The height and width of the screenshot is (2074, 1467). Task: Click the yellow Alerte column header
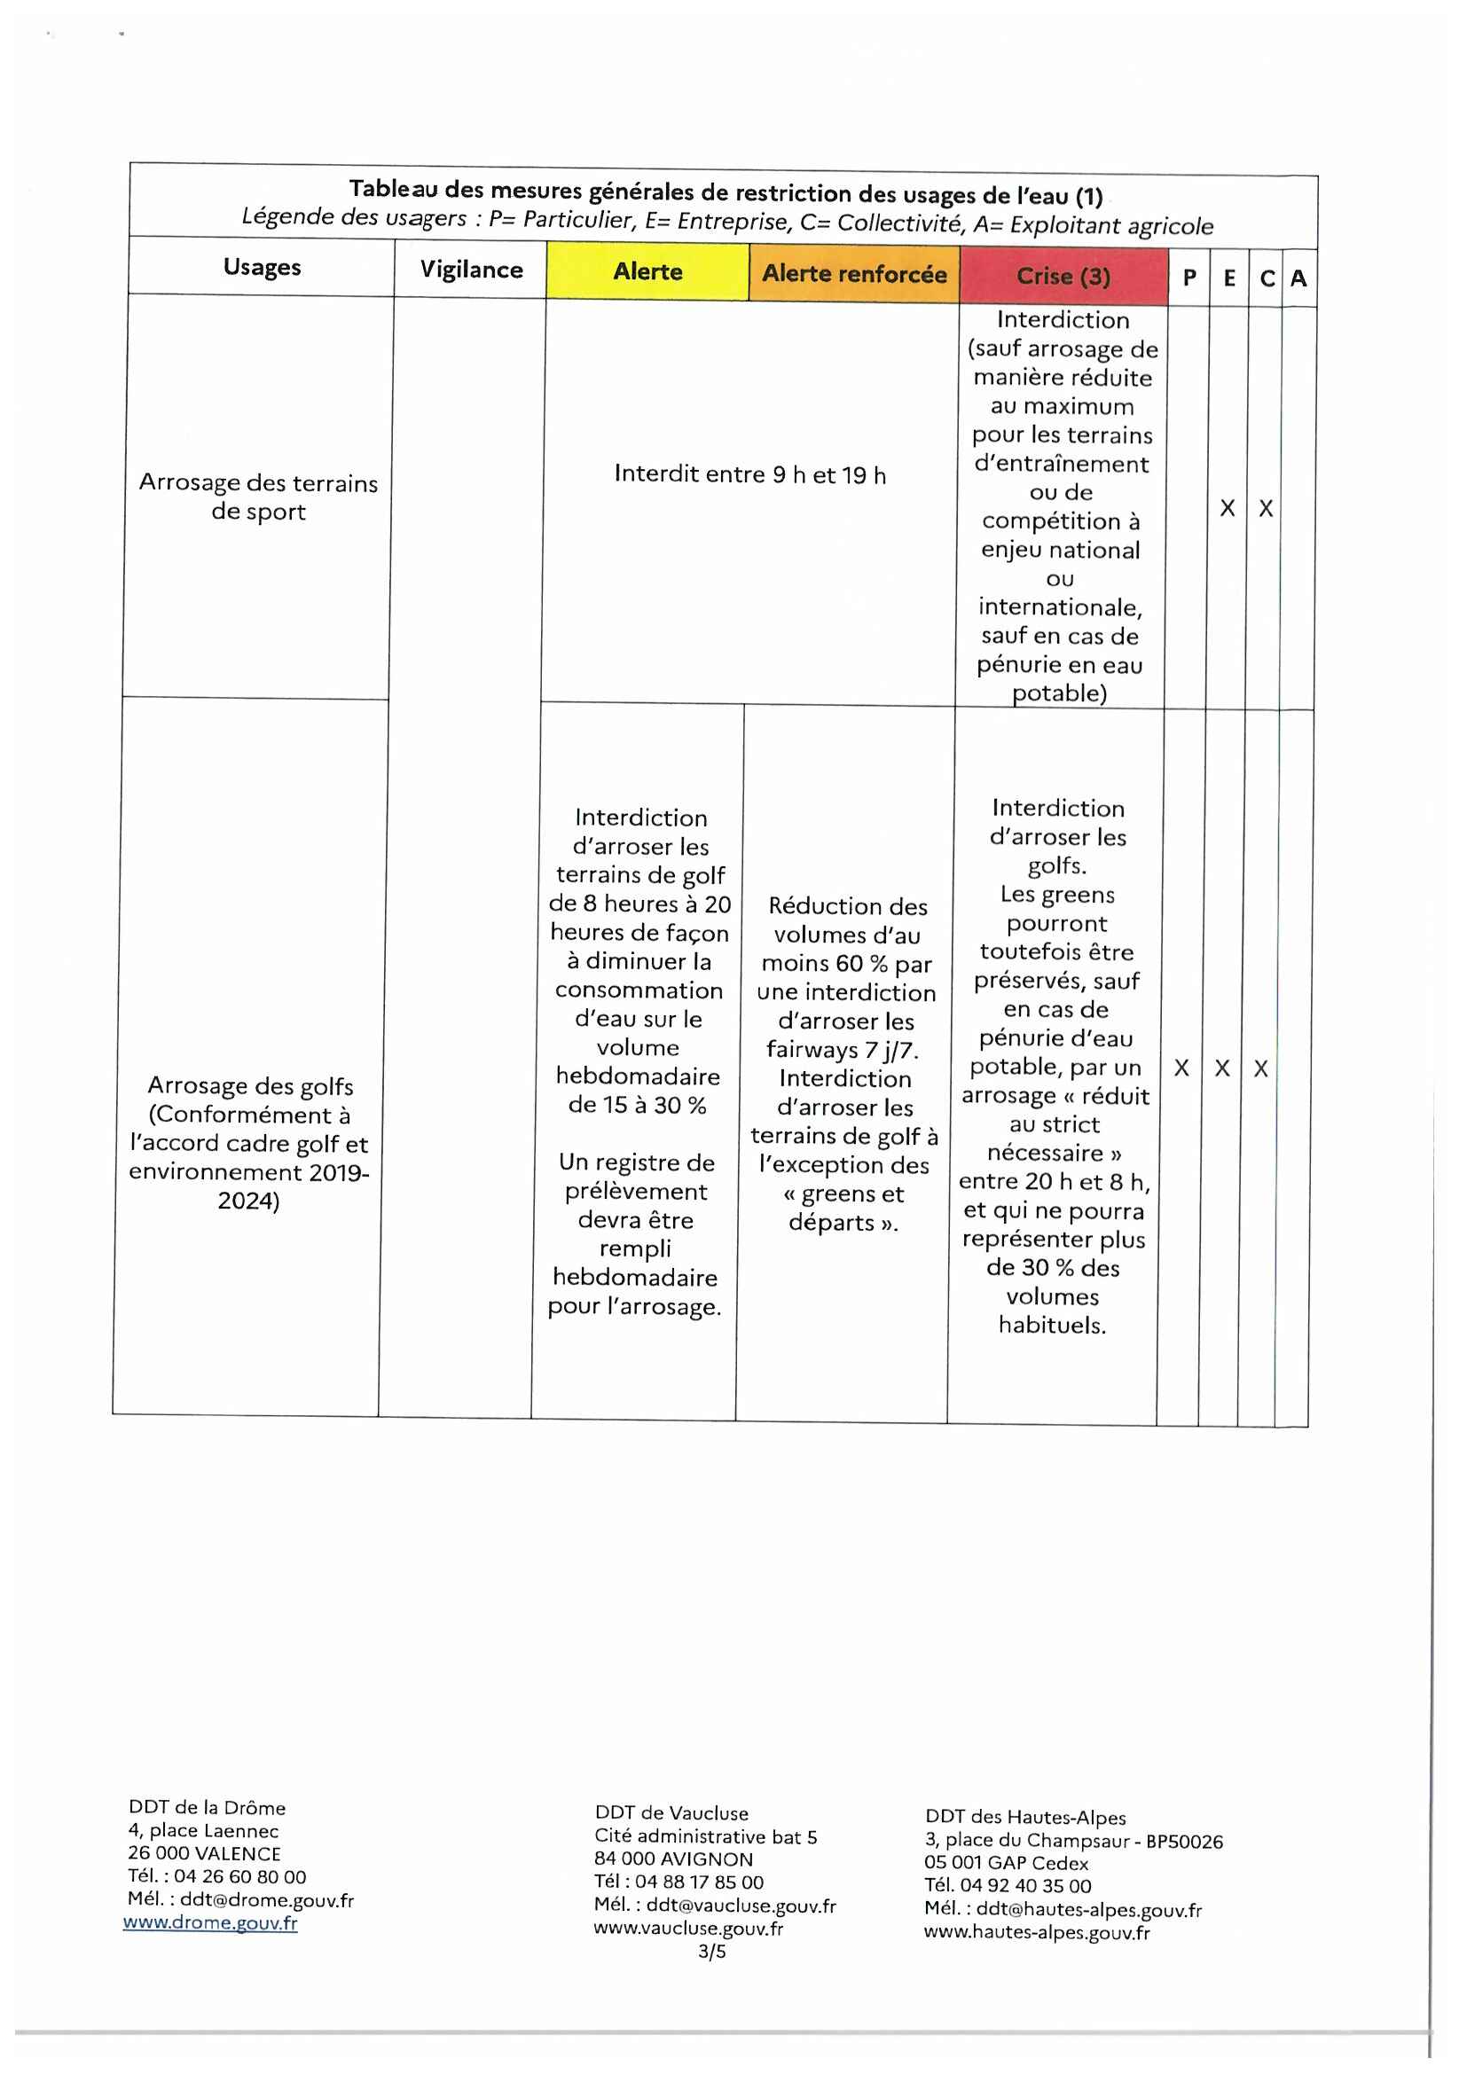(x=647, y=272)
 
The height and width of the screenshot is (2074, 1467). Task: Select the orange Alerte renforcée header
(x=853, y=274)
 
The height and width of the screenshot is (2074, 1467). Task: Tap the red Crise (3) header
(x=1063, y=277)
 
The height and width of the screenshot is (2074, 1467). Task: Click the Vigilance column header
(x=471, y=270)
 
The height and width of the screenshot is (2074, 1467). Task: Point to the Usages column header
(x=262, y=268)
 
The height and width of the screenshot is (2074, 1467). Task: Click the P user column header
(x=1189, y=278)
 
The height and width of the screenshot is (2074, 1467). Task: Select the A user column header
(x=1298, y=279)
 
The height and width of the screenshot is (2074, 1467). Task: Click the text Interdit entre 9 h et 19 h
(x=749, y=474)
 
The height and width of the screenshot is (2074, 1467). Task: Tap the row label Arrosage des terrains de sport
(x=258, y=497)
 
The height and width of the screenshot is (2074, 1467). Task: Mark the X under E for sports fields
(x=1227, y=509)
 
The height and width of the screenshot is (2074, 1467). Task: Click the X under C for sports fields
(x=1266, y=510)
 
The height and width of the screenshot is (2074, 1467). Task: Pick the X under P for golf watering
(x=1181, y=1068)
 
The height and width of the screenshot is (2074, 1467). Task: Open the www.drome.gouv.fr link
(x=210, y=1922)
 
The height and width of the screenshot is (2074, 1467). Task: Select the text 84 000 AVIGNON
(x=673, y=1859)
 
